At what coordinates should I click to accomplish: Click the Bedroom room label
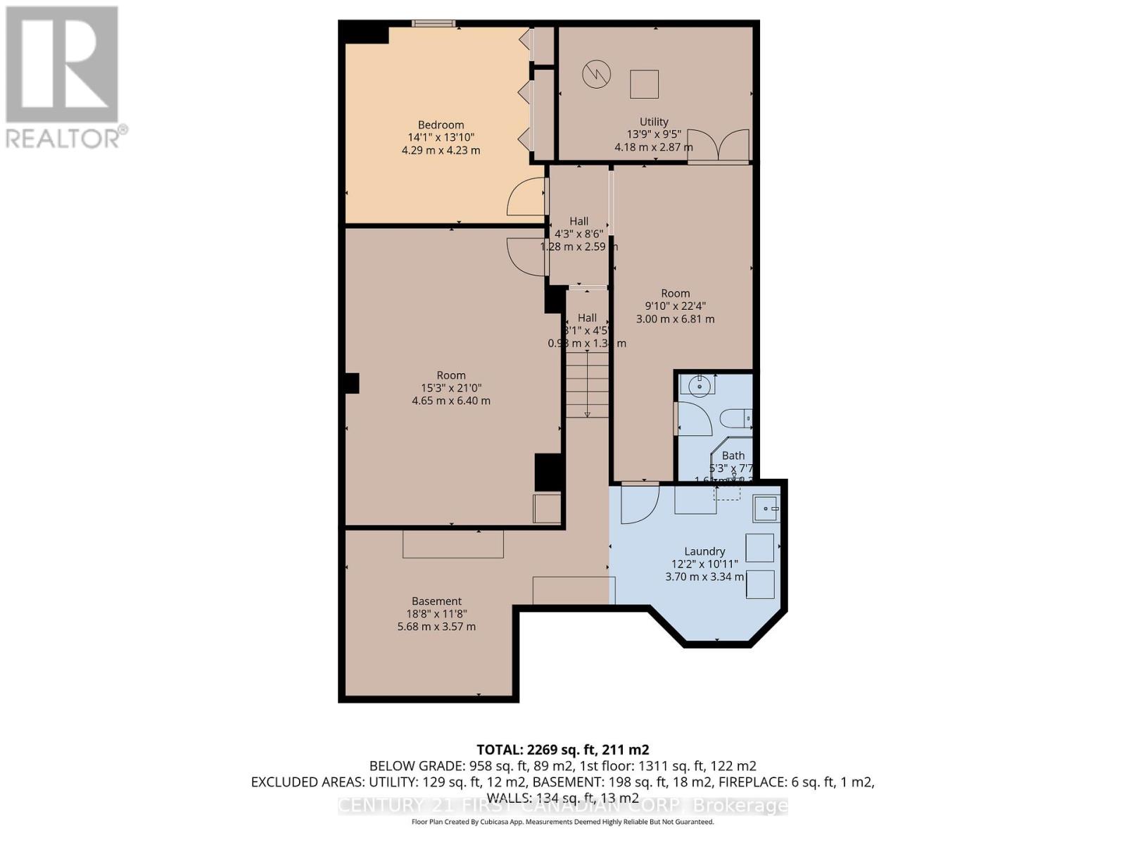(441, 125)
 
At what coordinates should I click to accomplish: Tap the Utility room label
(654, 122)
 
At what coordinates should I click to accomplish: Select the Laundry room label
(704, 551)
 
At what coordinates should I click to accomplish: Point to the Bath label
(733, 456)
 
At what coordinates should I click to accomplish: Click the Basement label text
(436, 601)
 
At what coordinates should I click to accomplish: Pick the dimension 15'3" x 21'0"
(451, 388)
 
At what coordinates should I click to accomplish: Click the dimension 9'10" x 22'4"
(675, 306)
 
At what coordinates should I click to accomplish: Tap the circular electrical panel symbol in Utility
(596, 74)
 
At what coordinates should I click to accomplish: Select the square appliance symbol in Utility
(644, 84)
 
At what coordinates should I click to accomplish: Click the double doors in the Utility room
(719, 145)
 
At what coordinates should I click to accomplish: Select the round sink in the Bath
(699, 385)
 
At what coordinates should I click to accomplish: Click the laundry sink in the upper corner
(766, 508)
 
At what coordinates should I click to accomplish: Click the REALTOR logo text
(67, 137)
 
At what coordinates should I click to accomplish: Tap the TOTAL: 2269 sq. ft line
(562, 750)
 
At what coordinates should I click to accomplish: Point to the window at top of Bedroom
(434, 24)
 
